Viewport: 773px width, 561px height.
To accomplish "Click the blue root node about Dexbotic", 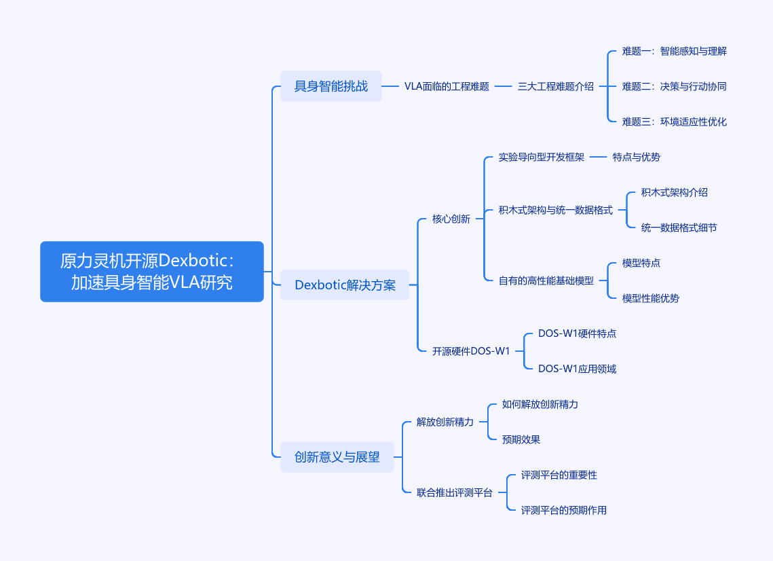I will [151, 272].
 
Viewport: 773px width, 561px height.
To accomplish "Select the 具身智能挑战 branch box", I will [331, 86].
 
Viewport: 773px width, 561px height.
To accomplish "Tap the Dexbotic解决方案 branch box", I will [345, 285].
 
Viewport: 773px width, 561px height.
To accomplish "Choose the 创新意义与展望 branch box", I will [337, 457].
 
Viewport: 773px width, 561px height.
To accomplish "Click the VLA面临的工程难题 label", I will [447, 86].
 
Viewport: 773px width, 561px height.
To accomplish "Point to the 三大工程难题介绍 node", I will [556, 86].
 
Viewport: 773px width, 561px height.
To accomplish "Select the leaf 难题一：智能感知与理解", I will [675, 51].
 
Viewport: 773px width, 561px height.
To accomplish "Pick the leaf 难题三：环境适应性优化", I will [675, 122].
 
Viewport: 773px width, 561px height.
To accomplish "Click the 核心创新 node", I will [451, 219].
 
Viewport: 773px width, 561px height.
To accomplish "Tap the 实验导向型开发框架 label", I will [542, 157].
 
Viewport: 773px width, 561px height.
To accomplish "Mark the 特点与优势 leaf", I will [637, 157].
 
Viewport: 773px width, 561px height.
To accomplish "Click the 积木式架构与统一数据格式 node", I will [556, 210].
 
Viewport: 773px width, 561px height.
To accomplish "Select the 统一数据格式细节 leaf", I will [679, 228].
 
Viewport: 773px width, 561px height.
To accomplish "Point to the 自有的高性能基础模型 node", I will [546, 280].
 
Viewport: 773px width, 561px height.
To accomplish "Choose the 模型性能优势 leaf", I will [651, 298].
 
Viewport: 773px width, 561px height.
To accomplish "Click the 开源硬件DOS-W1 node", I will [471, 351].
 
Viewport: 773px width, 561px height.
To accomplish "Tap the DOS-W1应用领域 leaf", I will [578, 369].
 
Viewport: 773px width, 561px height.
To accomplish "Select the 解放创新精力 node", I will [445, 422].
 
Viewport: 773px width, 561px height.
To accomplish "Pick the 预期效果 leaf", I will [521, 439].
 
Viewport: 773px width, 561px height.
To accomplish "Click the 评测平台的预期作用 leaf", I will [564, 510].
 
